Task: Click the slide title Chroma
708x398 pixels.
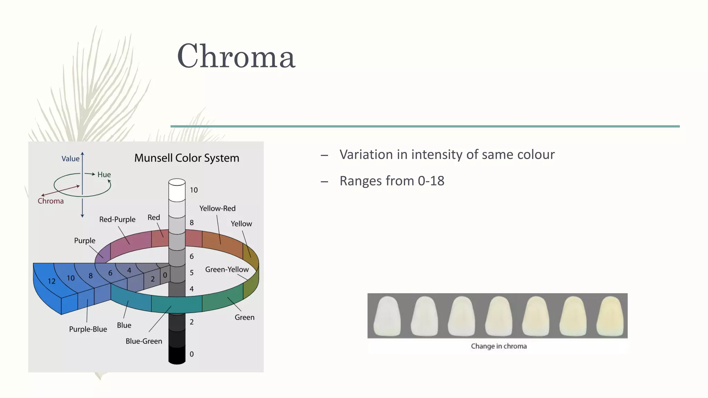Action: pos(236,56)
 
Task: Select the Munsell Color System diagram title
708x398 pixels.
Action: pos(187,158)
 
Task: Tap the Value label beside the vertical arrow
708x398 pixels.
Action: pos(70,159)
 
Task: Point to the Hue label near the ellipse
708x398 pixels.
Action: pos(104,174)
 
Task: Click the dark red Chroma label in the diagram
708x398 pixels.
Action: pos(50,201)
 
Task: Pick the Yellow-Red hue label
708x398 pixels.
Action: pos(217,208)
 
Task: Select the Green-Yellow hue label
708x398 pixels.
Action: pos(227,269)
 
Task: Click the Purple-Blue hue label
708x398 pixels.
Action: pos(88,329)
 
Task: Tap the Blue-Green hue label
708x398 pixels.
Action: pos(144,341)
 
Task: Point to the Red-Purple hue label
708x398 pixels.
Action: pos(117,219)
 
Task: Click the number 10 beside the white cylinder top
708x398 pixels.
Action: pos(194,190)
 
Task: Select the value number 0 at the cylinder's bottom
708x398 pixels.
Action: pos(192,354)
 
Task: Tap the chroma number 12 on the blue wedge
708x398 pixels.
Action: pos(52,281)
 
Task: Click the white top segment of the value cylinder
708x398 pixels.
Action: pos(177,192)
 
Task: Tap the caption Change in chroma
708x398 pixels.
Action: pos(499,346)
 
